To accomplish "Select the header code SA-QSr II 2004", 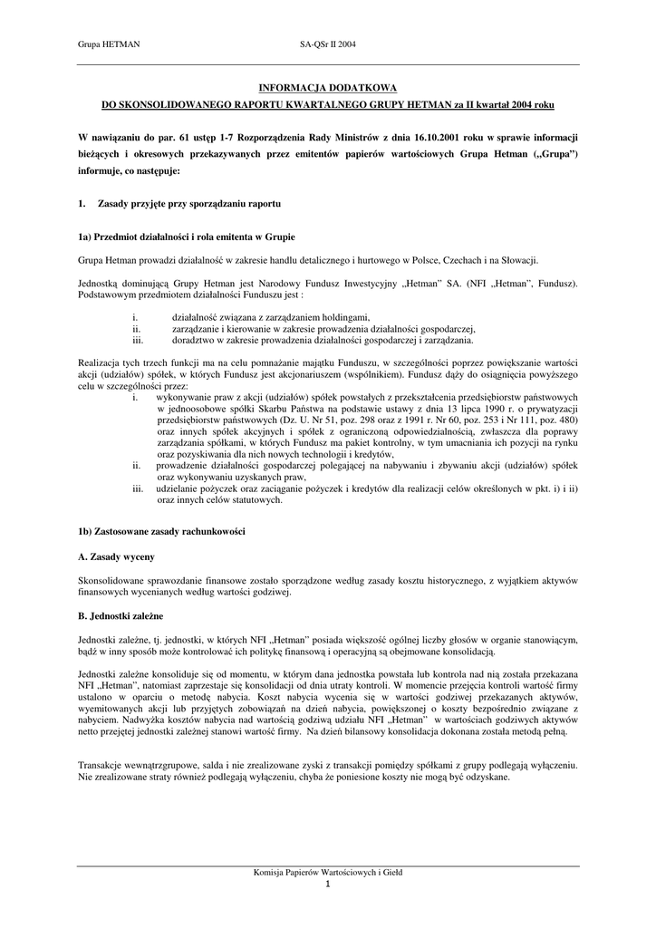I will point(328,43).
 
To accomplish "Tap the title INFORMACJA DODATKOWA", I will point(328,89).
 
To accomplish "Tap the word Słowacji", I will point(519,260).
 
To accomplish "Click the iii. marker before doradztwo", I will point(138,341).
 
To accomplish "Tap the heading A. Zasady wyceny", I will point(114,554).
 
